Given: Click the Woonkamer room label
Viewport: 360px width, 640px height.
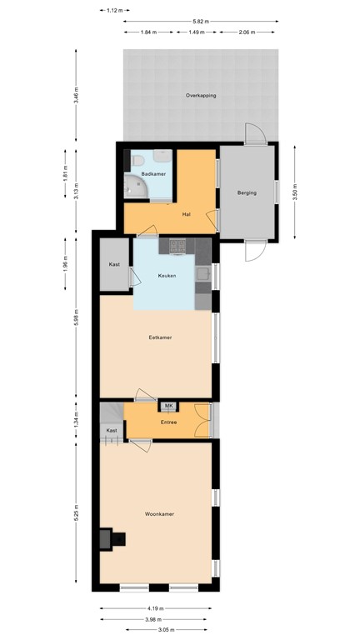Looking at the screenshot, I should click(158, 514).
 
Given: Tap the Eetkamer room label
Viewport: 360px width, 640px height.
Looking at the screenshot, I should click(159, 337).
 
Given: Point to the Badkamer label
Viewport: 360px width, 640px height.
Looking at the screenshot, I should click(152, 173).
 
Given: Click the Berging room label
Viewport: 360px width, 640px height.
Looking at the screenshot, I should click(247, 192).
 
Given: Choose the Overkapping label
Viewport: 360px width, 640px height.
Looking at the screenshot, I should click(201, 96).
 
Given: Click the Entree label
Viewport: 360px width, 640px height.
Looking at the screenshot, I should click(169, 422).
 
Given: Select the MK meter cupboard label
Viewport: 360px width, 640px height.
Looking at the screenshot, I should click(169, 406).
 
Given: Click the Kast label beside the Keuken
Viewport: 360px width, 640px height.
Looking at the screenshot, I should click(114, 264).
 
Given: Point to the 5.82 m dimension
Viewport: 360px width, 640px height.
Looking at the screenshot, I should click(199, 20).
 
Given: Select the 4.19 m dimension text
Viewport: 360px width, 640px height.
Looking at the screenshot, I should click(158, 607).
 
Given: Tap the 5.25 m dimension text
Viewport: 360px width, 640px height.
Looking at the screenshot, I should click(76, 512).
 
